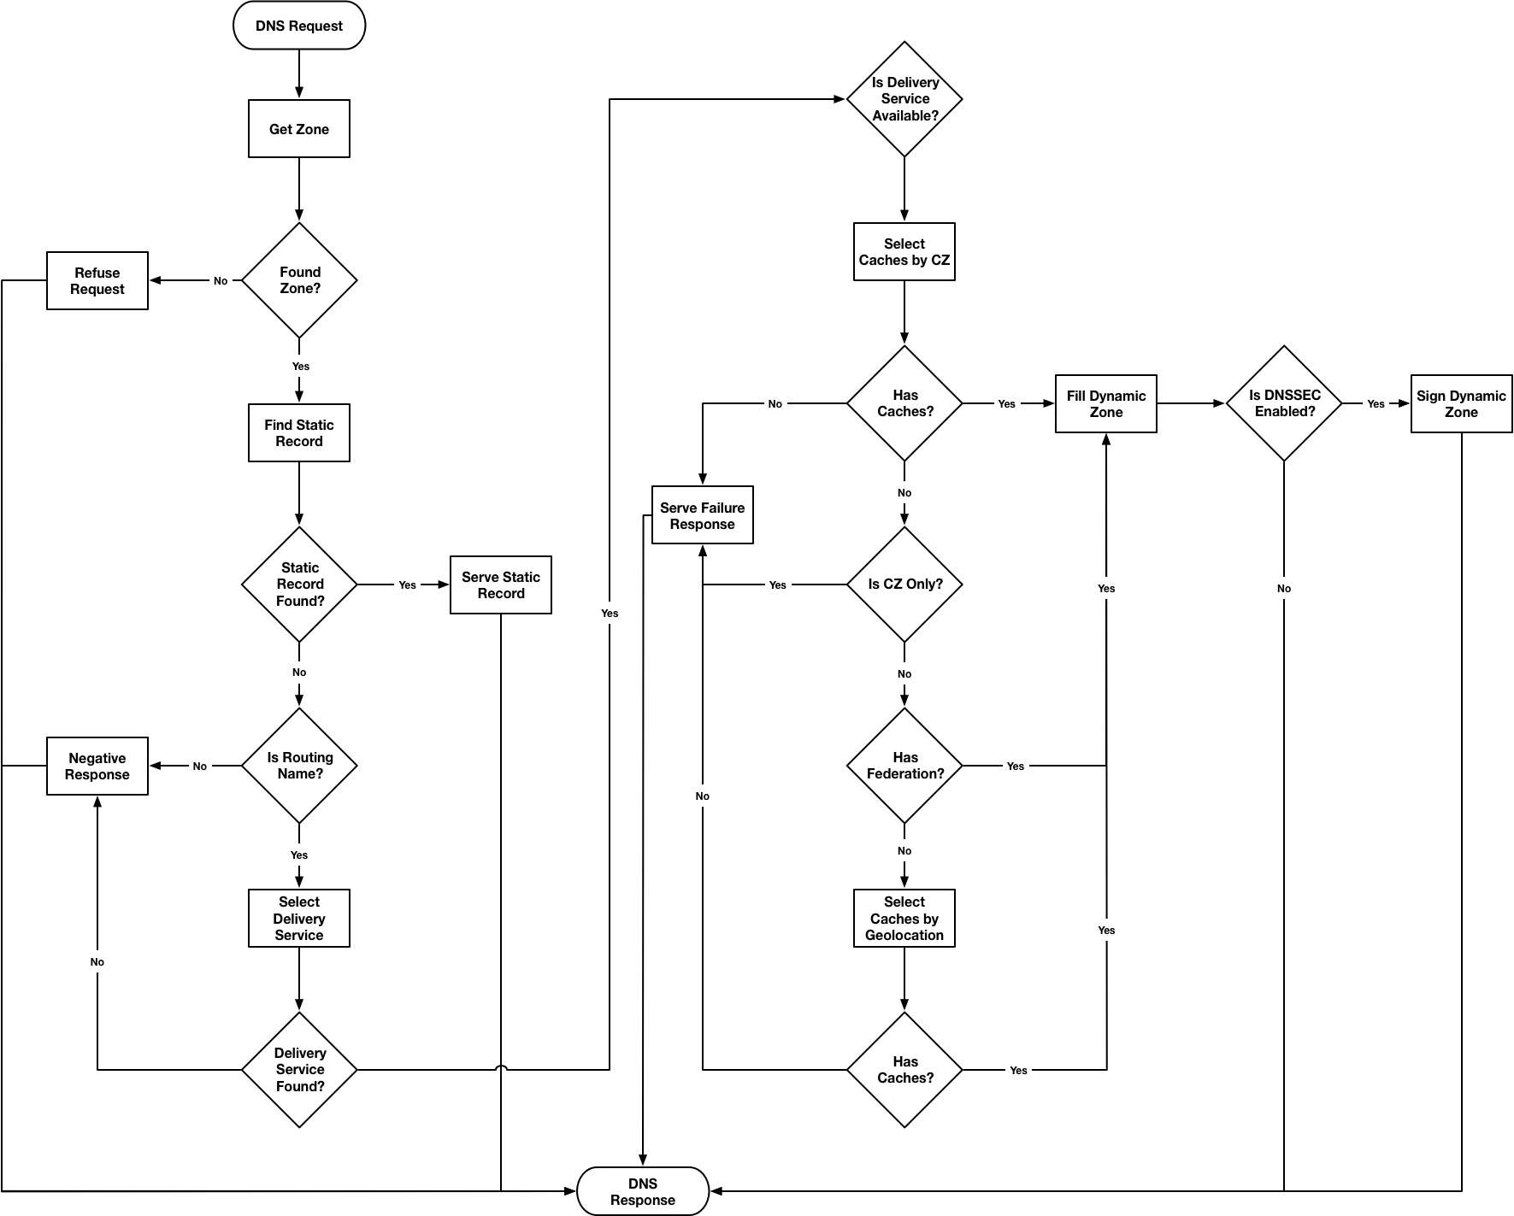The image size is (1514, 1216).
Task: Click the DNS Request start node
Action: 299,26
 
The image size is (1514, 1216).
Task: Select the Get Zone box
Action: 299,129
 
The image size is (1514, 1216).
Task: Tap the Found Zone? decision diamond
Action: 299,280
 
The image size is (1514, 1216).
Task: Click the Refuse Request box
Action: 97,280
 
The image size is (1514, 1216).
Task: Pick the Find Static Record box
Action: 299,432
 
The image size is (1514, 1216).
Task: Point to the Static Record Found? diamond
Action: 299,585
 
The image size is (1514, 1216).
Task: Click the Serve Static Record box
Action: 501,585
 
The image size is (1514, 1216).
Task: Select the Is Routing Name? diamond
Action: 299,766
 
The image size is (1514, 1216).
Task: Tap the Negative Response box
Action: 97,766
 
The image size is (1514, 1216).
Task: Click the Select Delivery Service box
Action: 299,918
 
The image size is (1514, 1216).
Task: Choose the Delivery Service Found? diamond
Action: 299,1070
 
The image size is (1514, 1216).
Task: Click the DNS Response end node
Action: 643,1191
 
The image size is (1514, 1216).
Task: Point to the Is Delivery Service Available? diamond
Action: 904,99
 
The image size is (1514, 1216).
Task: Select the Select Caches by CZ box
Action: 904,251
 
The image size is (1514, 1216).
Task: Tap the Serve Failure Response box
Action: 703,515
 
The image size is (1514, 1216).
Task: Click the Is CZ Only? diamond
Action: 904,585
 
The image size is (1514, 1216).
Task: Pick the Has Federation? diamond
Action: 904,766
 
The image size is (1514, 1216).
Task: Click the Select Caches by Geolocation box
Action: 904,918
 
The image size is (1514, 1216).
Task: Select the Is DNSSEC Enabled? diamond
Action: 1284,403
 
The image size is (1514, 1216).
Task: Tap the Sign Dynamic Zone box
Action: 1461,403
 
